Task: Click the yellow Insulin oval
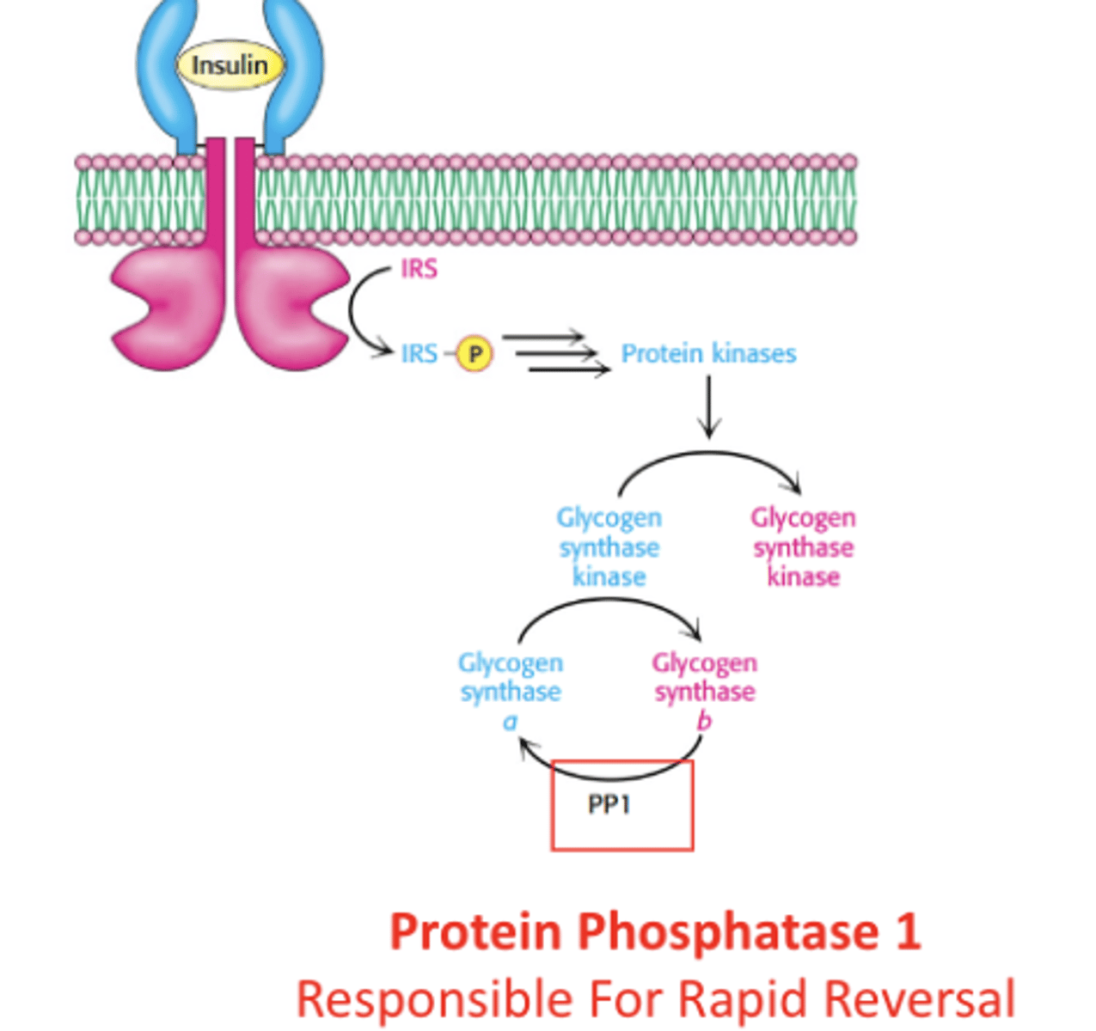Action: (x=229, y=65)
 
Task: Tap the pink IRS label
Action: (x=419, y=269)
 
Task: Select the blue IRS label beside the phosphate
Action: (x=419, y=354)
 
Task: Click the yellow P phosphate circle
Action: (x=474, y=354)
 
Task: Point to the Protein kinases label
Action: (x=708, y=354)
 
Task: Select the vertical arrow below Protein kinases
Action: (x=708, y=407)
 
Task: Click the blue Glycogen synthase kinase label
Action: (x=609, y=547)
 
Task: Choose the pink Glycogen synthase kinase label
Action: (x=803, y=547)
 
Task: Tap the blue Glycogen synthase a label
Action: (x=511, y=691)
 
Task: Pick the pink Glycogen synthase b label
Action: (x=704, y=691)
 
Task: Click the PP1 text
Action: (x=609, y=805)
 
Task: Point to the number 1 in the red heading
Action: (x=907, y=931)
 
